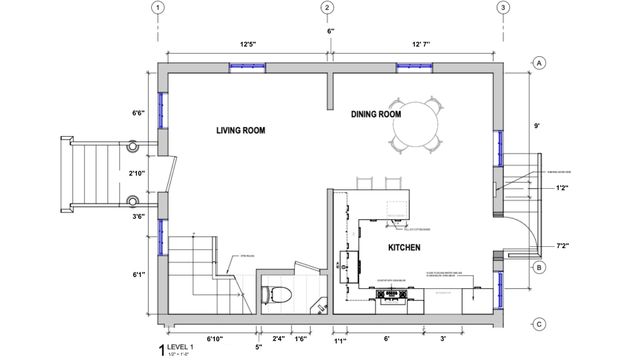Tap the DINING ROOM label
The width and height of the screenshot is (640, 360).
tap(376, 115)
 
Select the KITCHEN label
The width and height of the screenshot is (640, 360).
tap(403, 246)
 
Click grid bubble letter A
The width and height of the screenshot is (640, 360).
tap(538, 63)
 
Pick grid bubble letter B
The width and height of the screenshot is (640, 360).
tap(538, 268)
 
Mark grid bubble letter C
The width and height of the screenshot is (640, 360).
tap(538, 323)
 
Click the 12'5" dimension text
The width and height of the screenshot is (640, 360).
tap(247, 44)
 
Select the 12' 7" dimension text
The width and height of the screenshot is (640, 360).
tap(417, 44)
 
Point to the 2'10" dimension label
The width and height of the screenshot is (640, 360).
tap(139, 172)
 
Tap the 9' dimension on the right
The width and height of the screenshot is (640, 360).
tap(537, 127)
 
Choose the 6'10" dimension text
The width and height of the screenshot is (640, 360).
tap(214, 339)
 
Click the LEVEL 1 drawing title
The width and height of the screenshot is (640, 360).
tap(190, 347)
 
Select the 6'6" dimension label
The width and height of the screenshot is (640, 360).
tap(139, 113)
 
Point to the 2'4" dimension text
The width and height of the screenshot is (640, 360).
tap(278, 339)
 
